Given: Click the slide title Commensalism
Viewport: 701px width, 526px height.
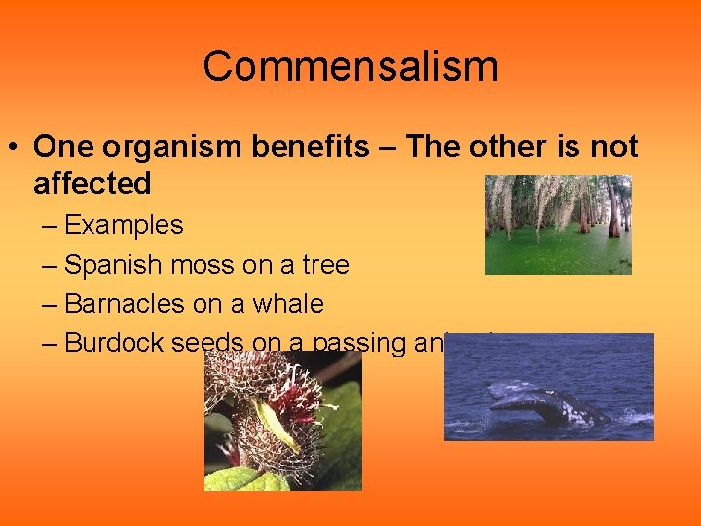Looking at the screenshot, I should (x=350, y=67).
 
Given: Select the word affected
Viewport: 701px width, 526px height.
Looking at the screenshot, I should (x=92, y=183).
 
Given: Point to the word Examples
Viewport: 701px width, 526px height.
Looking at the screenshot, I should (x=124, y=226).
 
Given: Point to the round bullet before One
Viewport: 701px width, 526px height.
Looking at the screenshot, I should (x=15, y=148).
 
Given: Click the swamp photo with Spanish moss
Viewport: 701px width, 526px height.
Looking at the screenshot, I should (x=558, y=224).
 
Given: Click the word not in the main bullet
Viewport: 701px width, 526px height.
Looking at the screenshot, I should (x=614, y=147).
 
